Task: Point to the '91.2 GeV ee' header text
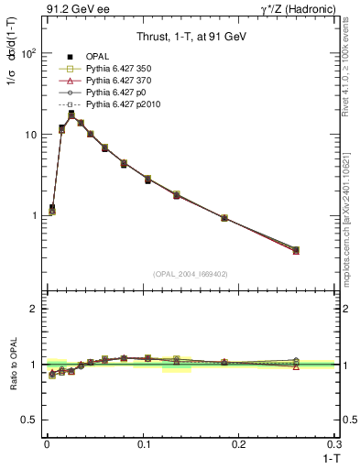[x=74, y=10]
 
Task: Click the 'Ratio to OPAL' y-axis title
[x=13, y=365]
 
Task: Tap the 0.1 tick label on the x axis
[x=142, y=442]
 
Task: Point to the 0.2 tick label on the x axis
[x=238, y=442]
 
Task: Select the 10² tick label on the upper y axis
[x=27, y=53]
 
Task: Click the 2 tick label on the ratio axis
[x=32, y=309]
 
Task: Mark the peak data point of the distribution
[x=71, y=115]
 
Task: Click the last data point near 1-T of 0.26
[x=296, y=250]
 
